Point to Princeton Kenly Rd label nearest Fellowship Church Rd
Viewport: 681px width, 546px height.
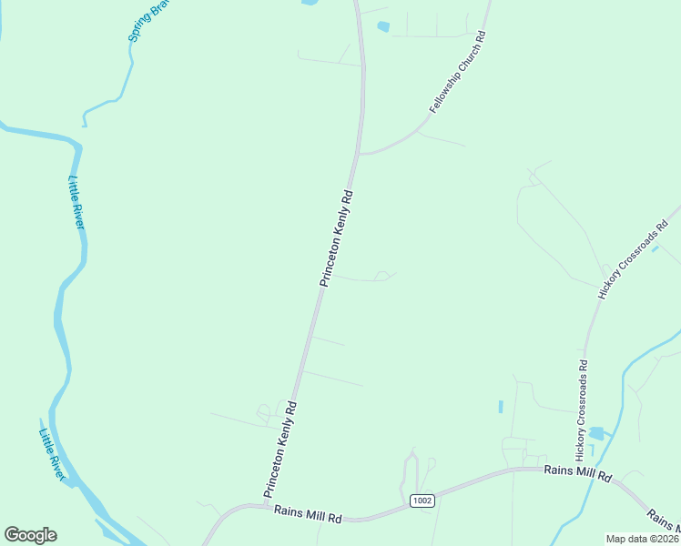click(336, 238)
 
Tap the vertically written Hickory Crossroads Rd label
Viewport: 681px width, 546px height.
click(581, 408)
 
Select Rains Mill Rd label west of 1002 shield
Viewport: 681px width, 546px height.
click(308, 515)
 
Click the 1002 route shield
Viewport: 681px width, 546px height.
click(422, 500)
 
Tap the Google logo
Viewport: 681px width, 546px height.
click(30, 535)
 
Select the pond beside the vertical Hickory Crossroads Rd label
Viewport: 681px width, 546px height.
click(597, 433)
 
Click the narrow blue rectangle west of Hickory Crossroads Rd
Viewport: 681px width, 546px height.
click(500, 406)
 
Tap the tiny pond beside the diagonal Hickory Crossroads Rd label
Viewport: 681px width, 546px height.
click(656, 248)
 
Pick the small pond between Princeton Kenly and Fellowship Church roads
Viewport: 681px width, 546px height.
click(382, 26)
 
